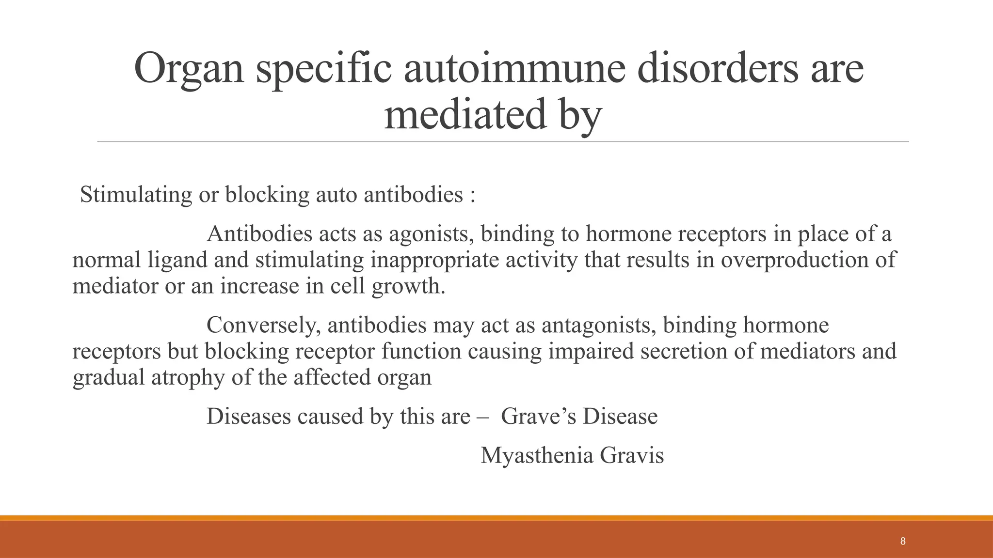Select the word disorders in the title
(x=717, y=68)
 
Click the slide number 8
(x=902, y=542)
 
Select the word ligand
(x=177, y=260)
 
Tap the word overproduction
(x=794, y=260)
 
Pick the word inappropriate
(x=435, y=260)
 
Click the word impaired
(x=591, y=351)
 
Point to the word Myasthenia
(x=537, y=456)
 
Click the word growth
(x=408, y=286)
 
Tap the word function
(x=421, y=351)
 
